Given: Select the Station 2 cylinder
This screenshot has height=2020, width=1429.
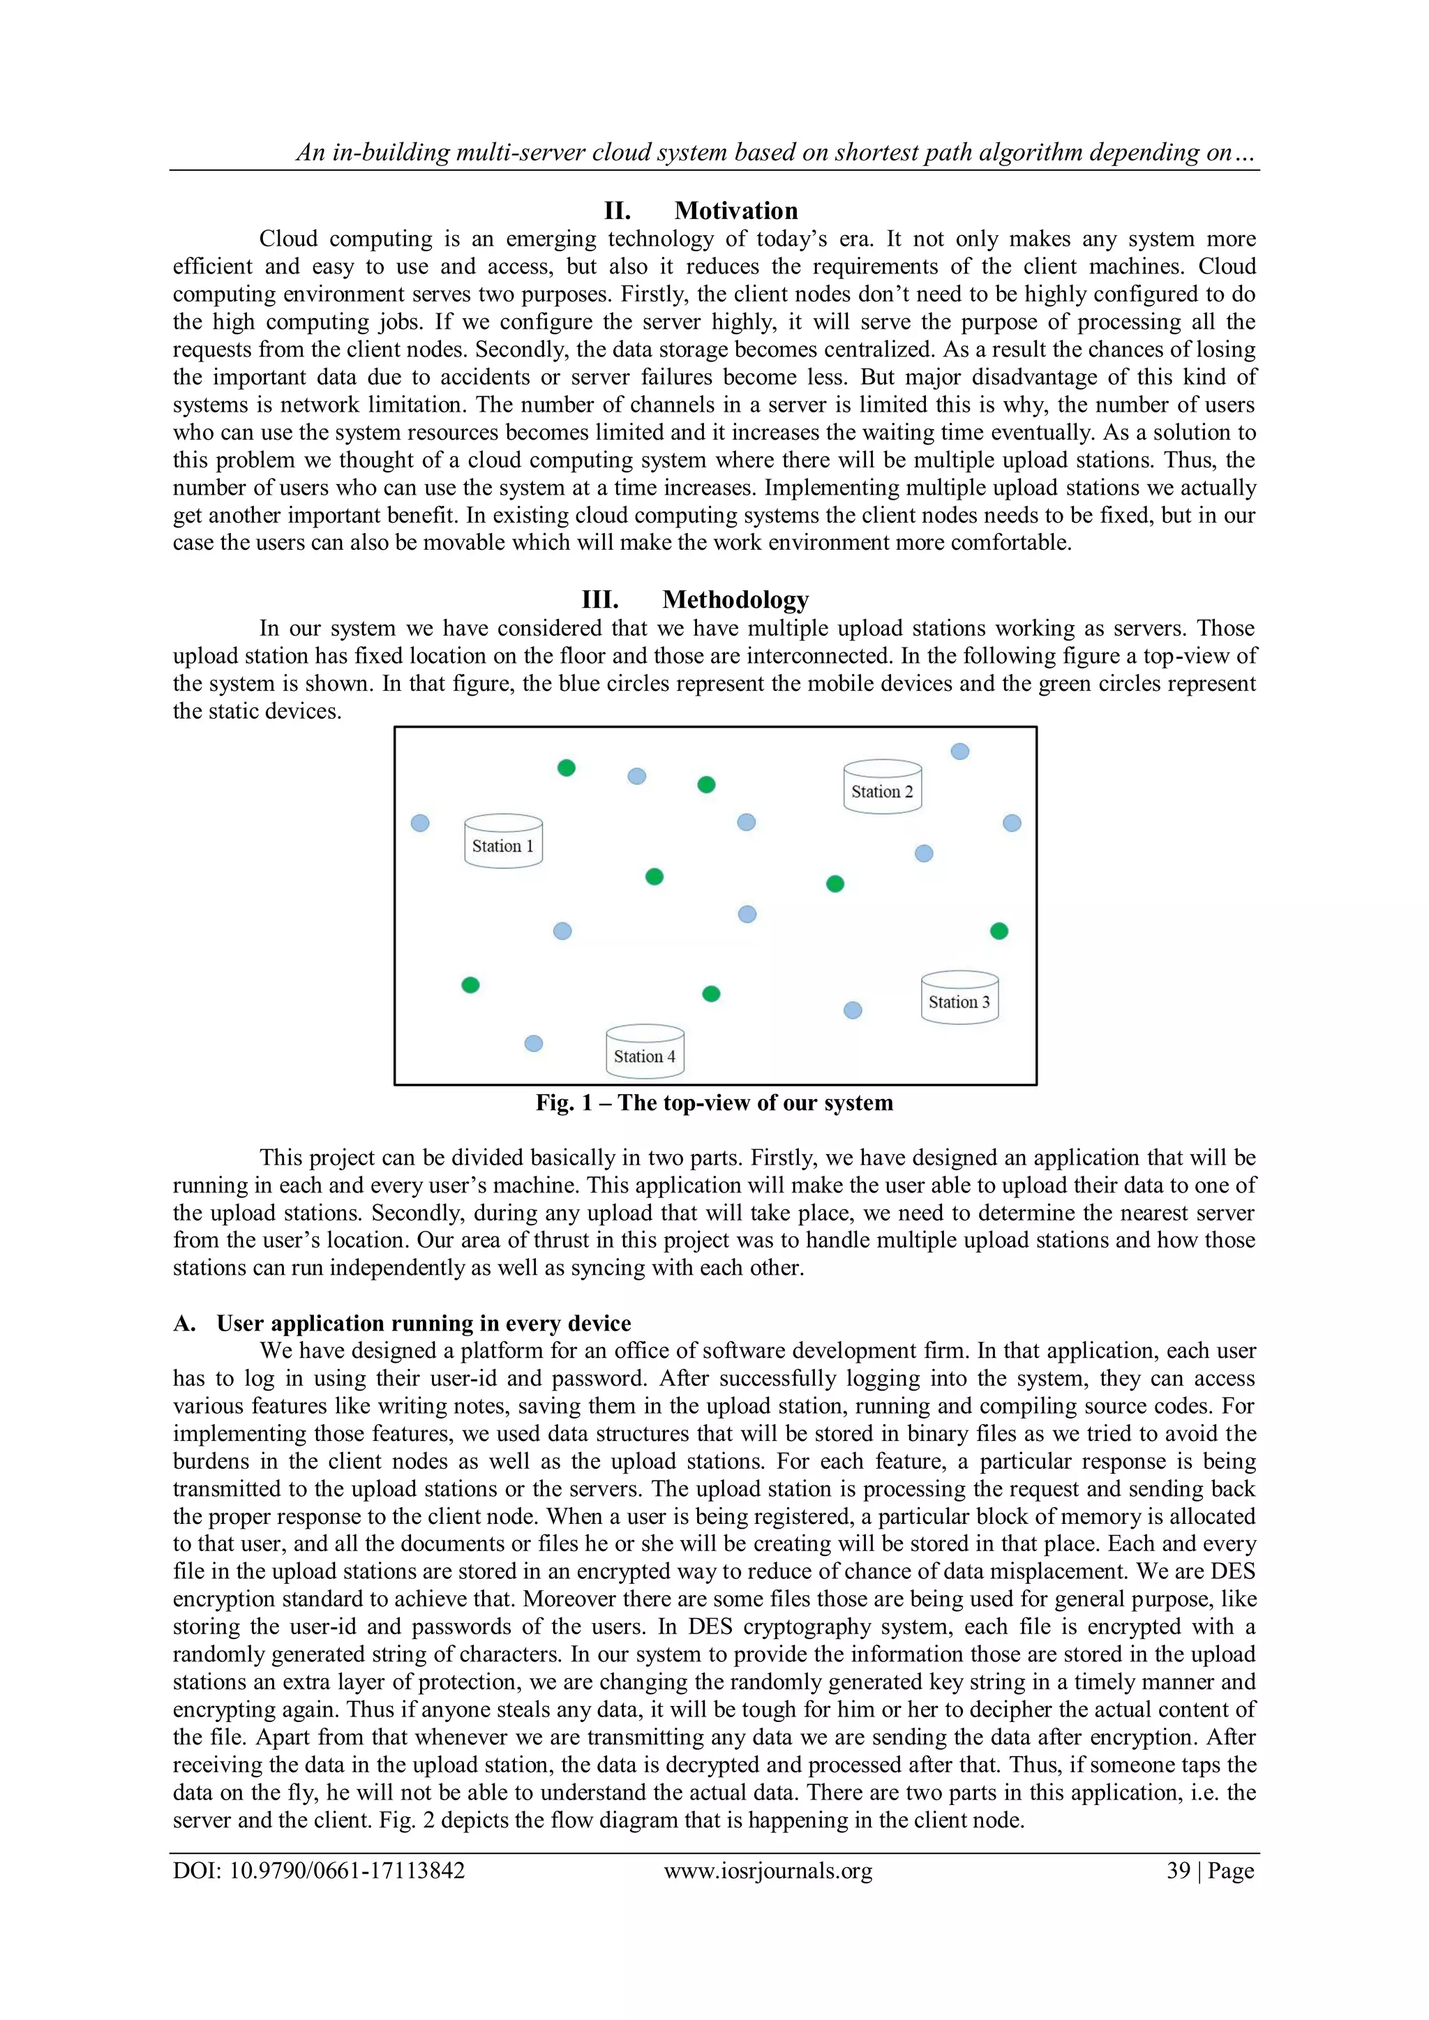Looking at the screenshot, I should click(x=883, y=786).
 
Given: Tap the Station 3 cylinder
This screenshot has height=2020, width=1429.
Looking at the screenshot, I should click(x=959, y=997).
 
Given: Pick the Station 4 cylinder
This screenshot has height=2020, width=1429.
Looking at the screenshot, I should click(x=645, y=1052).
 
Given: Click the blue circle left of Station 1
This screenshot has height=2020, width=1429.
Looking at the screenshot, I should click(x=421, y=823).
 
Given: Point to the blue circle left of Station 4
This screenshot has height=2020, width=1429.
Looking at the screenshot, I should click(x=533, y=1043).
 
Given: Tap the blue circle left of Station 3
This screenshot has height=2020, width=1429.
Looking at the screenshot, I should click(x=853, y=1010).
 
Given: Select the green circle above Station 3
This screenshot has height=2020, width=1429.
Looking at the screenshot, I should click(x=998, y=931).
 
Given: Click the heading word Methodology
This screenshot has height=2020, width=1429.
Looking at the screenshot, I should click(x=735, y=600).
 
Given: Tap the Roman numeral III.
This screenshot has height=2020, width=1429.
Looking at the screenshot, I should click(x=600, y=600).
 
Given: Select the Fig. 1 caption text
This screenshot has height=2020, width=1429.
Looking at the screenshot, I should click(x=714, y=1103).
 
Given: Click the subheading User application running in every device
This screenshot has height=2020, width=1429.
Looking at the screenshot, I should click(x=424, y=1323).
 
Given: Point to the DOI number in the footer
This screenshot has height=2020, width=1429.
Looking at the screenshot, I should click(x=319, y=1871).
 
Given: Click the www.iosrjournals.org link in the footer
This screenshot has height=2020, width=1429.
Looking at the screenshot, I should click(x=768, y=1871).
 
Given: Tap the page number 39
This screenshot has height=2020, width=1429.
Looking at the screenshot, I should click(x=1179, y=1871).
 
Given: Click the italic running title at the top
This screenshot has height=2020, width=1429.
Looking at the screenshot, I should click(x=775, y=153).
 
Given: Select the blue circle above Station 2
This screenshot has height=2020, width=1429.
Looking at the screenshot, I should click(x=960, y=751).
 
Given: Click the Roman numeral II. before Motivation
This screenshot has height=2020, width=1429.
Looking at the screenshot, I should click(x=617, y=211).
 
